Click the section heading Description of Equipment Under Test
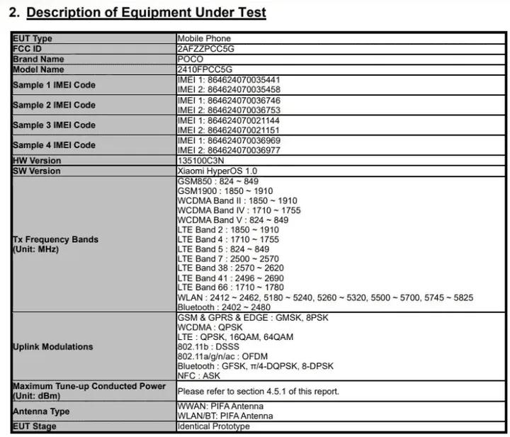pyautogui.click(x=146, y=12)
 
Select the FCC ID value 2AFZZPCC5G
pyautogui.click(x=205, y=49)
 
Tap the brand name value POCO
pyautogui.click(x=190, y=59)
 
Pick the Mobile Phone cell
pyautogui.click(x=204, y=38)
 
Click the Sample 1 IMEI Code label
pyautogui.click(x=54, y=85)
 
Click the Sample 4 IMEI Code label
pyautogui.click(x=54, y=145)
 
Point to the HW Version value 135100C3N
pyautogui.click(x=202, y=161)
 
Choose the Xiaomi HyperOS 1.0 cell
pyautogui.click(x=217, y=171)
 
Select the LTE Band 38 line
pyautogui.click(x=230, y=268)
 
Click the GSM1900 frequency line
pyautogui.click(x=225, y=191)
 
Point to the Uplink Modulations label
pyautogui.click(x=52, y=346)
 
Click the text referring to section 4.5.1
pyautogui.click(x=258, y=391)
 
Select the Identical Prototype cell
pyautogui.click(x=213, y=426)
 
